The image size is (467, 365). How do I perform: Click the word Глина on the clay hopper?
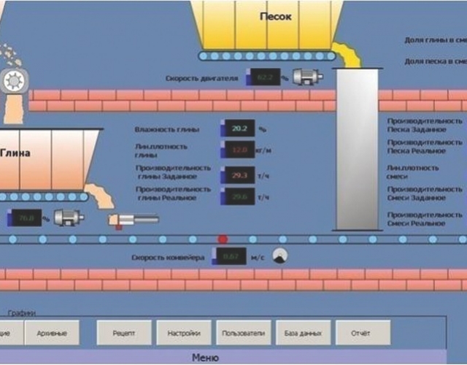coord(16,154)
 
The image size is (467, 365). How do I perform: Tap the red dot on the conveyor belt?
coord(223,239)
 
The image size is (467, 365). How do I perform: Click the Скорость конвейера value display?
coord(229,256)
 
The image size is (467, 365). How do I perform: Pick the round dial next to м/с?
coord(279,255)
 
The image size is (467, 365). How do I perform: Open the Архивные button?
coord(52,334)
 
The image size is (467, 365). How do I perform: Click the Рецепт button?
coord(123,334)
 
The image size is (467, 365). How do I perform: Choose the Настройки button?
coord(183,334)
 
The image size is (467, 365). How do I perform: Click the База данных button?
coord(302,334)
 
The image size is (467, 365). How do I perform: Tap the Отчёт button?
coord(360,334)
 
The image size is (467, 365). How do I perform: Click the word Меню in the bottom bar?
coord(204,357)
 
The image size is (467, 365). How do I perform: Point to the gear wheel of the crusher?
coord(12,82)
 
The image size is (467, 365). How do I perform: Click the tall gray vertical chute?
coord(358,146)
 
